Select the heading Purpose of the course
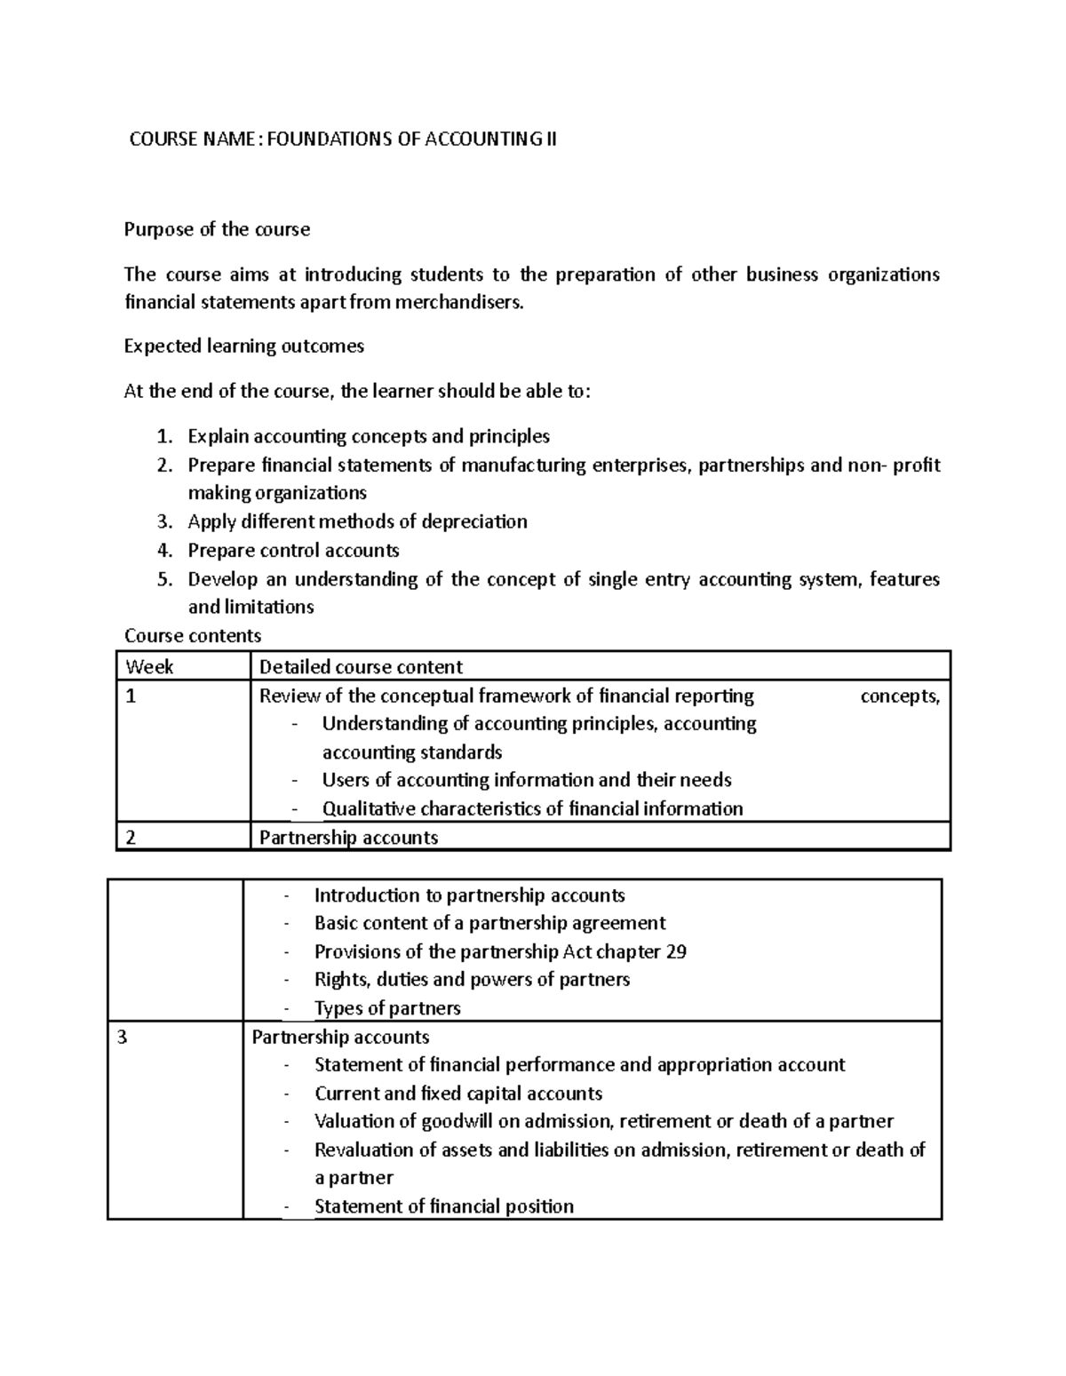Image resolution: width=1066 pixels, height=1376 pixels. click(217, 229)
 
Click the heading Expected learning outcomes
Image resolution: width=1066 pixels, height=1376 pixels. click(243, 346)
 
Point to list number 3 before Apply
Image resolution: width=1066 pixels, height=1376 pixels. click(163, 521)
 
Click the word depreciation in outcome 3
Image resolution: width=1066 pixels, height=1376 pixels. click(473, 521)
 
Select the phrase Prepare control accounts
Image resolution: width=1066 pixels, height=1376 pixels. click(293, 550)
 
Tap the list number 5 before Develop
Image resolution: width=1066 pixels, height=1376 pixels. click(163, 579)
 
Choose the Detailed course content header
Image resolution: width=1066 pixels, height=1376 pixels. click(361, 666)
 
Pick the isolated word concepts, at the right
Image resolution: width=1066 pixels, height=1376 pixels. click(900, 696)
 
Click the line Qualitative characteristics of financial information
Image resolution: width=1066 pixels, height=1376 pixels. click(532, 808)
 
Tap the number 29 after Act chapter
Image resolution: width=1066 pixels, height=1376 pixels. click(675, 951)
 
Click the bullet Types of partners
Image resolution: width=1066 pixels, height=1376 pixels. click(387, 1008)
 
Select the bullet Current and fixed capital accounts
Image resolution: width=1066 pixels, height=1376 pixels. click(458, 1093)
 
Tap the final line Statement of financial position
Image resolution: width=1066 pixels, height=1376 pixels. click(444, 1206)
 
